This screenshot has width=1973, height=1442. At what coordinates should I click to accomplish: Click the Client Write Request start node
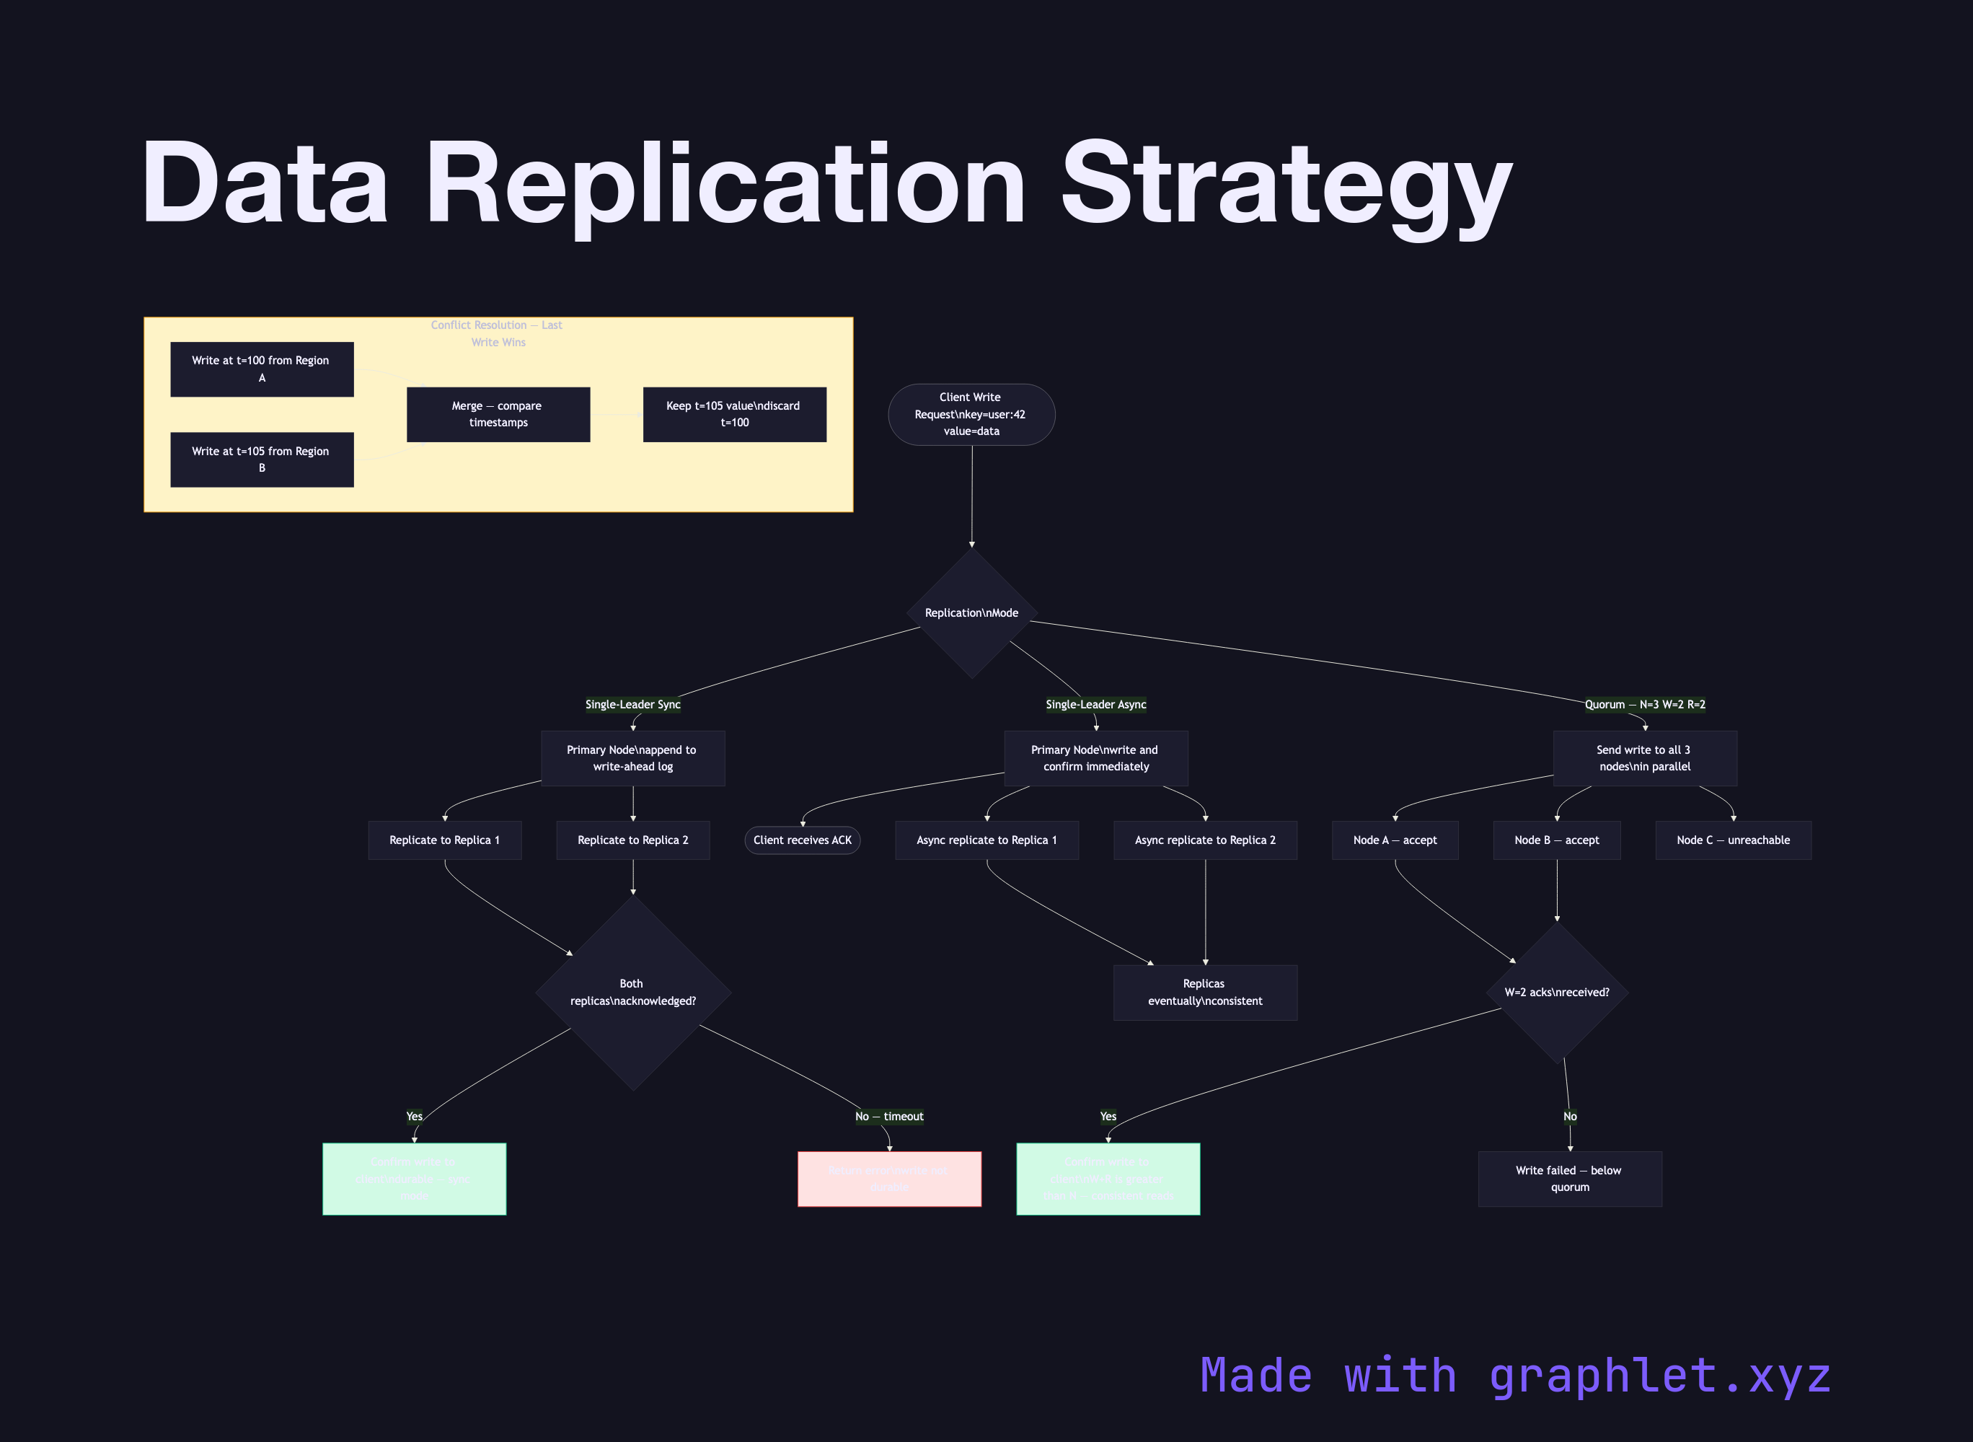(x=971, y=415)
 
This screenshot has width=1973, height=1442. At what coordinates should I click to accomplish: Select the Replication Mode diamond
(x=971, y=612)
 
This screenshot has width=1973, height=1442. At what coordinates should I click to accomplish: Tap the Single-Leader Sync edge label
(x=632, y=705)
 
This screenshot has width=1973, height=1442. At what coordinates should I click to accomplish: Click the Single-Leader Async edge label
(x=1096, y=705)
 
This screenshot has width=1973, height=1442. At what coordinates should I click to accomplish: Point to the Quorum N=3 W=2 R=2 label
(x=1644, y=705)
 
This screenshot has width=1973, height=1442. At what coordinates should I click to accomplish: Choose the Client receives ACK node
(x=802, y=840)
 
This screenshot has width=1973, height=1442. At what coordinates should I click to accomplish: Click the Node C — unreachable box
(x=1732, y=840)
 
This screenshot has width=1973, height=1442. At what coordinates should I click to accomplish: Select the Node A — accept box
(x=1395, y=840)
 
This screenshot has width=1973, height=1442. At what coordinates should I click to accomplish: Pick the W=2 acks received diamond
(x=1557, y=993)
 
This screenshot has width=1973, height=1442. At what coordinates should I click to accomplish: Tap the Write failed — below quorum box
(x=1569, y=1179)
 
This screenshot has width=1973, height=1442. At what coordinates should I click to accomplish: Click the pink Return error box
(x=888, y=1179)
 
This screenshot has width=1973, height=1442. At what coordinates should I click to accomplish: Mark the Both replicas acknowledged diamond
(x=632, y=993)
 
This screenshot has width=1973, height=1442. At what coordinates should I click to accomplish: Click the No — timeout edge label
(x=888, y=1117)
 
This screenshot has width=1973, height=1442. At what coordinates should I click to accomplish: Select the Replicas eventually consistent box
(x=1204, y=993)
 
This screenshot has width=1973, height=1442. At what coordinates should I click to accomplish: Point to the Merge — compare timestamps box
(x=498, y=415)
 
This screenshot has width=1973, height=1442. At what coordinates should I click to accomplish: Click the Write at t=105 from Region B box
(x=262, y=459)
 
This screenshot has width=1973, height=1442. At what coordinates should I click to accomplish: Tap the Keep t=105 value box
(x=734, y=415)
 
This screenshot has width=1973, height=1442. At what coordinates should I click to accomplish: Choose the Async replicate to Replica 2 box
(x=1204, y=840)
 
